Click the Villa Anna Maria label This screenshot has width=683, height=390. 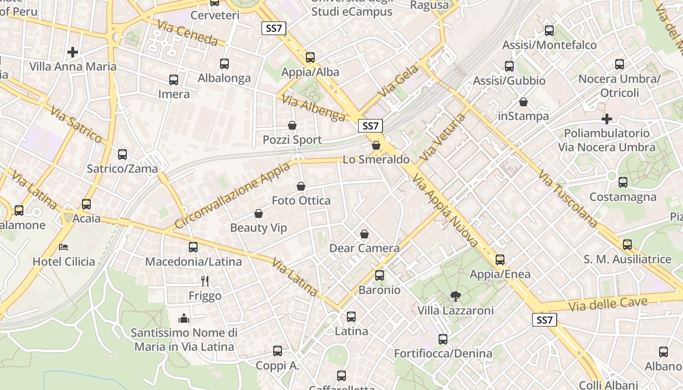click(x=73, y=67)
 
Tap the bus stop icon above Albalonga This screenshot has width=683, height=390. click(x=224, y=63)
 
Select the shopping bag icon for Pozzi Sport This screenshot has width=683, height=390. click(x=292, y=125)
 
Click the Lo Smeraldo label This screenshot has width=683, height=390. click(x=376, y=159)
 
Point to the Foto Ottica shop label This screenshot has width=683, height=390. click(x=301, y=200)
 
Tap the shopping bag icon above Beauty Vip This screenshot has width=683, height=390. click(x=259, y=214)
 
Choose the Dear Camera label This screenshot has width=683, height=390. click(x=364, y=248)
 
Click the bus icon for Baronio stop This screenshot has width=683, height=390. click(x=380, y=275)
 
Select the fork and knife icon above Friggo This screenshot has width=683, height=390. click(x=205, y=281)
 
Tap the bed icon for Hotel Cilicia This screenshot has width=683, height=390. click(x=63, y=247)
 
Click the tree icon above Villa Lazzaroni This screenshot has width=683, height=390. click(x=456, y=295)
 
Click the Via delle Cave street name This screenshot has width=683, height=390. click(x=608, y=304)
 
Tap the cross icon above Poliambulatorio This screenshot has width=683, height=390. click(x=607, y=118)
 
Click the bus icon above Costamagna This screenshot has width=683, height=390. click(x=623, y=182)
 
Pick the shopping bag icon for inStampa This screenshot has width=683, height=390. click(x=523, y=102)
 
